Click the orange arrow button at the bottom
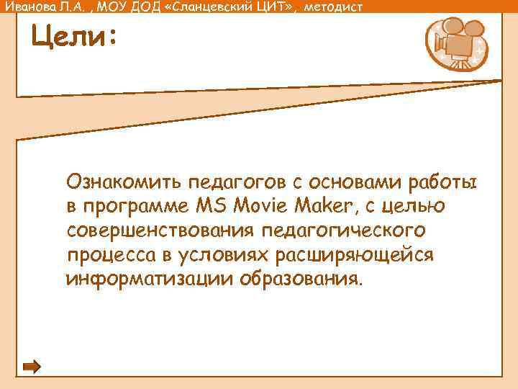pyautogui.click(x=32, y=367)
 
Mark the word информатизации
pyautogui.click(x=149, y=279)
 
